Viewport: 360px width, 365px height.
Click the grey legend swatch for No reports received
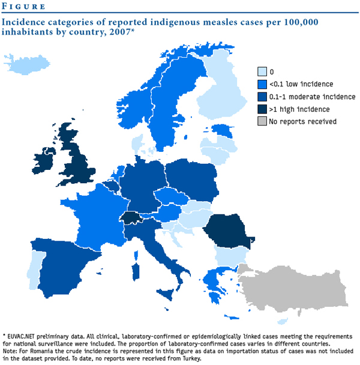coord(262,121)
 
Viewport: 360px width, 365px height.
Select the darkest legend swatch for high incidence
coord(262,109)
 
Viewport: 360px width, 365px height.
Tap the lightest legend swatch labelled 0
coord(262,71)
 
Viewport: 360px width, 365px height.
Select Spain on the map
coord(69,261)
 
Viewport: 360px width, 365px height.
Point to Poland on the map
coord(191,180)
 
